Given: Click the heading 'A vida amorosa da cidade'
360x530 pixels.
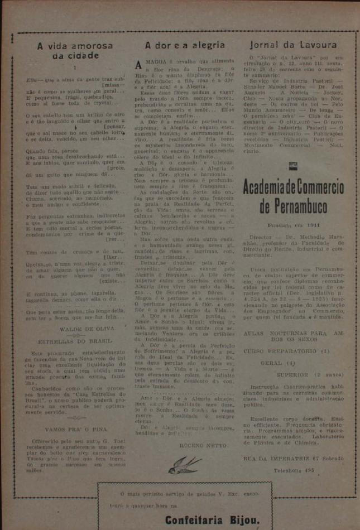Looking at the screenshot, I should tap(75, 50).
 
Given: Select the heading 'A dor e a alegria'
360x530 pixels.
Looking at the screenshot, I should tap(185, 45).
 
